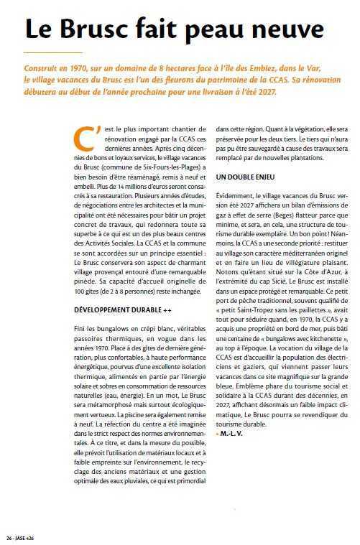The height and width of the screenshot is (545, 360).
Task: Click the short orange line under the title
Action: [43, 53]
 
